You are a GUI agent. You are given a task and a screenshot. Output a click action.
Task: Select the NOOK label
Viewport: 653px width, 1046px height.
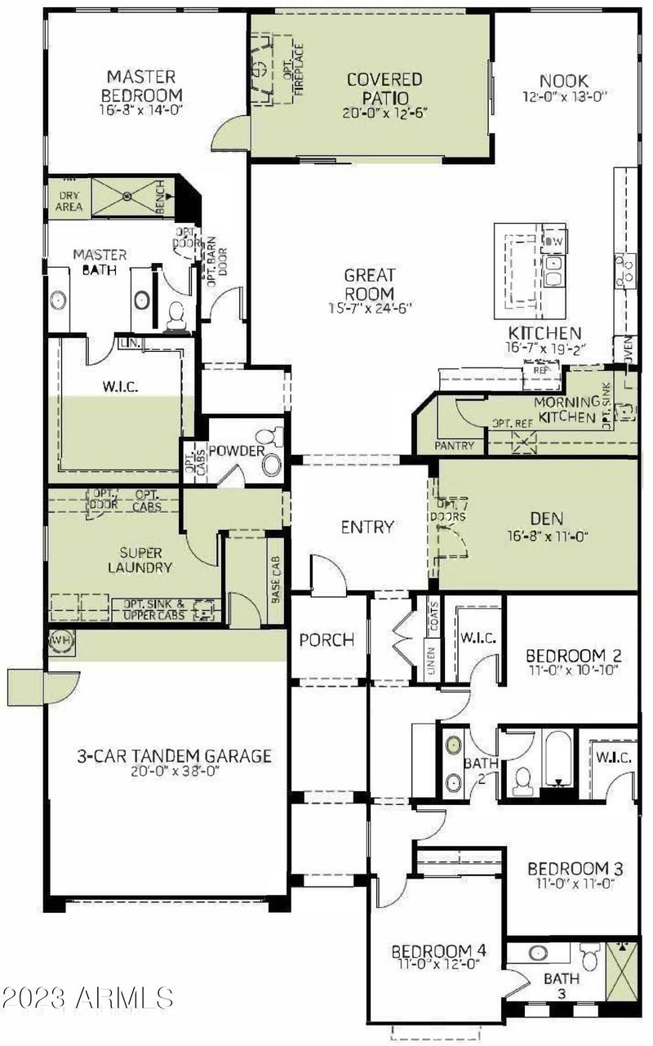(x=563, y=81)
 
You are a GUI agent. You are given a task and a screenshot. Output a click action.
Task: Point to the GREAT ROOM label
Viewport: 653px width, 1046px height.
(x=369, y=284)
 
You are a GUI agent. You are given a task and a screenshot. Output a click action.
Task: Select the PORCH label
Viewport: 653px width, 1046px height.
(x=326, y=639)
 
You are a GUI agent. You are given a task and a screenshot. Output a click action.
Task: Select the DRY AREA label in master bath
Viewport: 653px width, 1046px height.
(x=69, y=200)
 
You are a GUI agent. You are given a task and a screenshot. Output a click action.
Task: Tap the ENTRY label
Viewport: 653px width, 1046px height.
(x=367, y=527)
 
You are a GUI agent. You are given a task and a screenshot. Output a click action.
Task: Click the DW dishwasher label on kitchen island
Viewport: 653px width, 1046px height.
(x=554, y=242)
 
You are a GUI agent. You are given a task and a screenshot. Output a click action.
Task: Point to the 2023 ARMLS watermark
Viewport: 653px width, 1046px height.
(x=87, y=997)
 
